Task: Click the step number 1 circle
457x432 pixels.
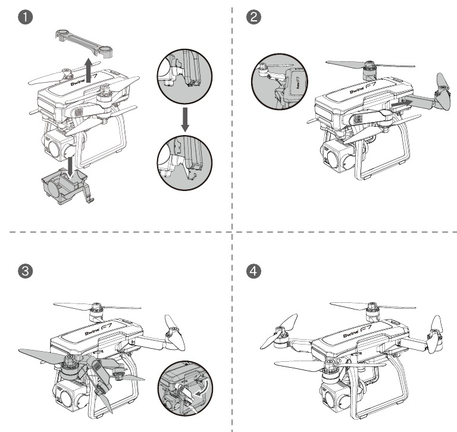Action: click(x=22, y=18)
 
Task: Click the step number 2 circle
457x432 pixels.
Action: click(x=253, y=18)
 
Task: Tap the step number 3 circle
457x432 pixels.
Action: click(x=22, y=271)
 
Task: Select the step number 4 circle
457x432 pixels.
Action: click(x=253, y=271)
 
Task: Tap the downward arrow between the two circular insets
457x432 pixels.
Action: click(x=185, y=118)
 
